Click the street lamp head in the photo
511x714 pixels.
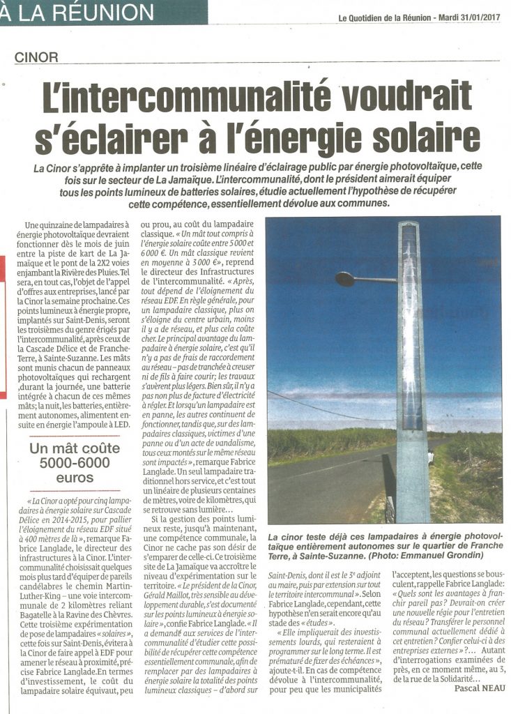coord(345,279)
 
